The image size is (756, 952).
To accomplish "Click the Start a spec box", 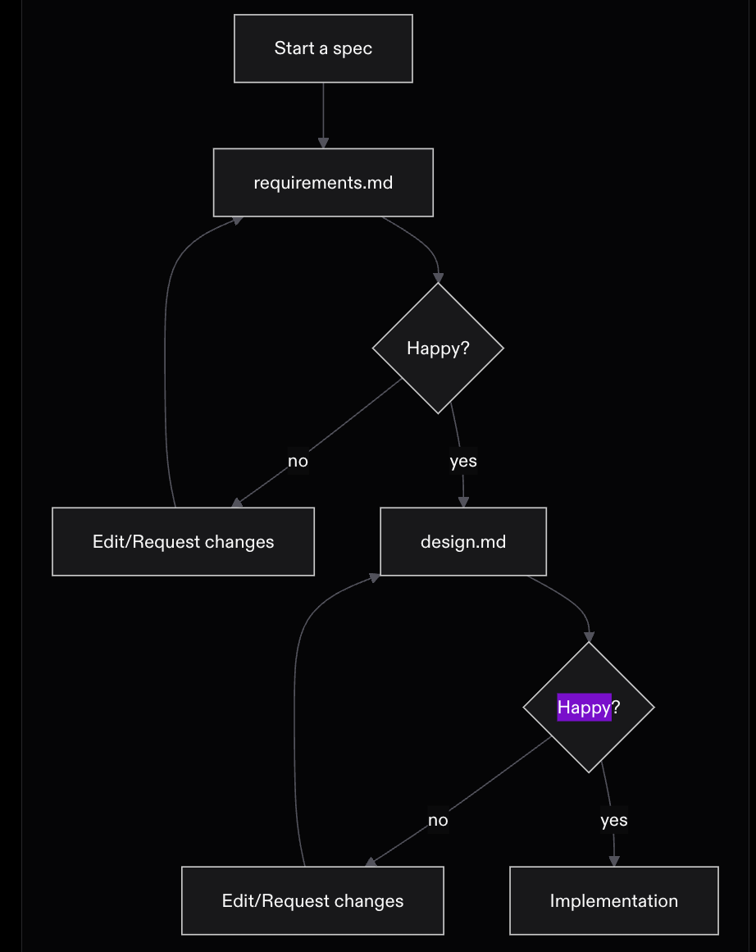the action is click(x=323, y=48).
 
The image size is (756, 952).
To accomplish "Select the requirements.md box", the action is click(x=323, y=182).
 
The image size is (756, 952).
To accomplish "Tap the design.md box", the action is click(x=463, y=541).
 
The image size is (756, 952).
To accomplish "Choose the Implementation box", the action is click(x=614, y=900).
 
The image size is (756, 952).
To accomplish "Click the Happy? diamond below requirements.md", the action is click(x=438, y=348).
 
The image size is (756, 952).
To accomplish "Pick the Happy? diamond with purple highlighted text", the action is click(x=589, y=708).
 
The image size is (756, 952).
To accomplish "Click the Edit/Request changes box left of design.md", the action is click(x=184, y=541).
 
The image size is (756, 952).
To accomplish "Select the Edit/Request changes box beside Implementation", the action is click(x=312, y=900).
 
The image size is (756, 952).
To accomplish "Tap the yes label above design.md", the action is click(x=463, y=461).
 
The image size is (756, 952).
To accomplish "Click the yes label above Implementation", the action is click(x=614, y=820).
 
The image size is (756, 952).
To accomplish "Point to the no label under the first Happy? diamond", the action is click(x=298, y=461).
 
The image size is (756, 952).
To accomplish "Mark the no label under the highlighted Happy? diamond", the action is click(x=438, y=820).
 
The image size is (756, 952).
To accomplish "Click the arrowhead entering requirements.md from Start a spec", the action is click(x=323, y=143).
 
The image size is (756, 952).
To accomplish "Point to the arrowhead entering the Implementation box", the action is click(x=614, y=862).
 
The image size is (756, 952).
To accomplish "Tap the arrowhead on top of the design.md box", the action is click(x=463, y=502).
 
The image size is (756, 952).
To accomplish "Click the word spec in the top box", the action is click(x=353, y=48).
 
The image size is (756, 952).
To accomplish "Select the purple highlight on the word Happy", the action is click(x=584, y=708).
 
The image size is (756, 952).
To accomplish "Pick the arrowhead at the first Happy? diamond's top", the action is click(x=438, y=278).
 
